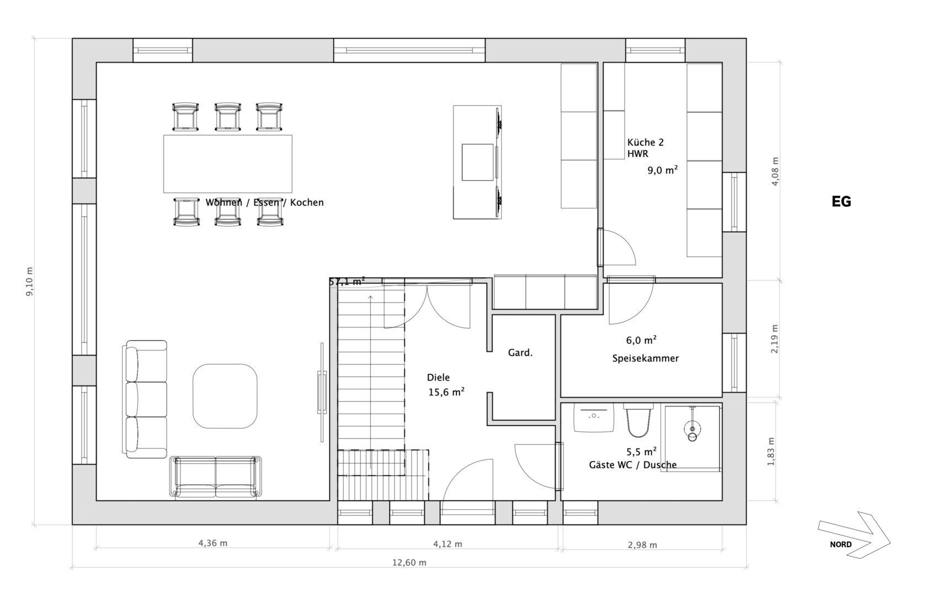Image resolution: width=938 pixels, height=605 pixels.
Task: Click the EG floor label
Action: (841, 202)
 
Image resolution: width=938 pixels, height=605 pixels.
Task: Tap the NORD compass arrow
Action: (854, 534)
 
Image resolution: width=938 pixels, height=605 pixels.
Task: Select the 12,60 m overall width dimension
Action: (409, 563)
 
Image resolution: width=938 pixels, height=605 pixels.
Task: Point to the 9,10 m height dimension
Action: (30, 281)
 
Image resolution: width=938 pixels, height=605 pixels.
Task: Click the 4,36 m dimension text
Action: (213, 543)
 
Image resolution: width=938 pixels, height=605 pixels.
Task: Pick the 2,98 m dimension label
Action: (642, 545)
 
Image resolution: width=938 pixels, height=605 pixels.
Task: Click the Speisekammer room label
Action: (646, 358)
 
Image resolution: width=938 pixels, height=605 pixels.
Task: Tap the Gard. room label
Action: (520, 353)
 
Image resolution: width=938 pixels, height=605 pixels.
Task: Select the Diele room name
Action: (439, 377)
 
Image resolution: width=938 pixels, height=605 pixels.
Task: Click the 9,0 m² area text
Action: (663, 170)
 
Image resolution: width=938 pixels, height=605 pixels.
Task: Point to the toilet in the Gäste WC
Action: (638, 420)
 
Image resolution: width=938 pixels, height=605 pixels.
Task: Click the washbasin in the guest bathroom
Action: (594, 417)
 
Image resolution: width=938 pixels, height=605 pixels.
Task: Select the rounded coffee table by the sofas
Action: (225, 396)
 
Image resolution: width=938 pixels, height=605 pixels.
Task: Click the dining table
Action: (228, 164)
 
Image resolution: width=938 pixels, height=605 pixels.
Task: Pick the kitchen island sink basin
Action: (477, 162)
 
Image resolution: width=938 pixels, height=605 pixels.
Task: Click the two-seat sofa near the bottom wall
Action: (216, 478)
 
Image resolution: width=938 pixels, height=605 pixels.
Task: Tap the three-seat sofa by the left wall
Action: (145, 399)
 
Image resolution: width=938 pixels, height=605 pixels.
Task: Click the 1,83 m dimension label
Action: (771, 451)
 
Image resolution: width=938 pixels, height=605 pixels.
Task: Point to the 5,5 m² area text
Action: (642, 452)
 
